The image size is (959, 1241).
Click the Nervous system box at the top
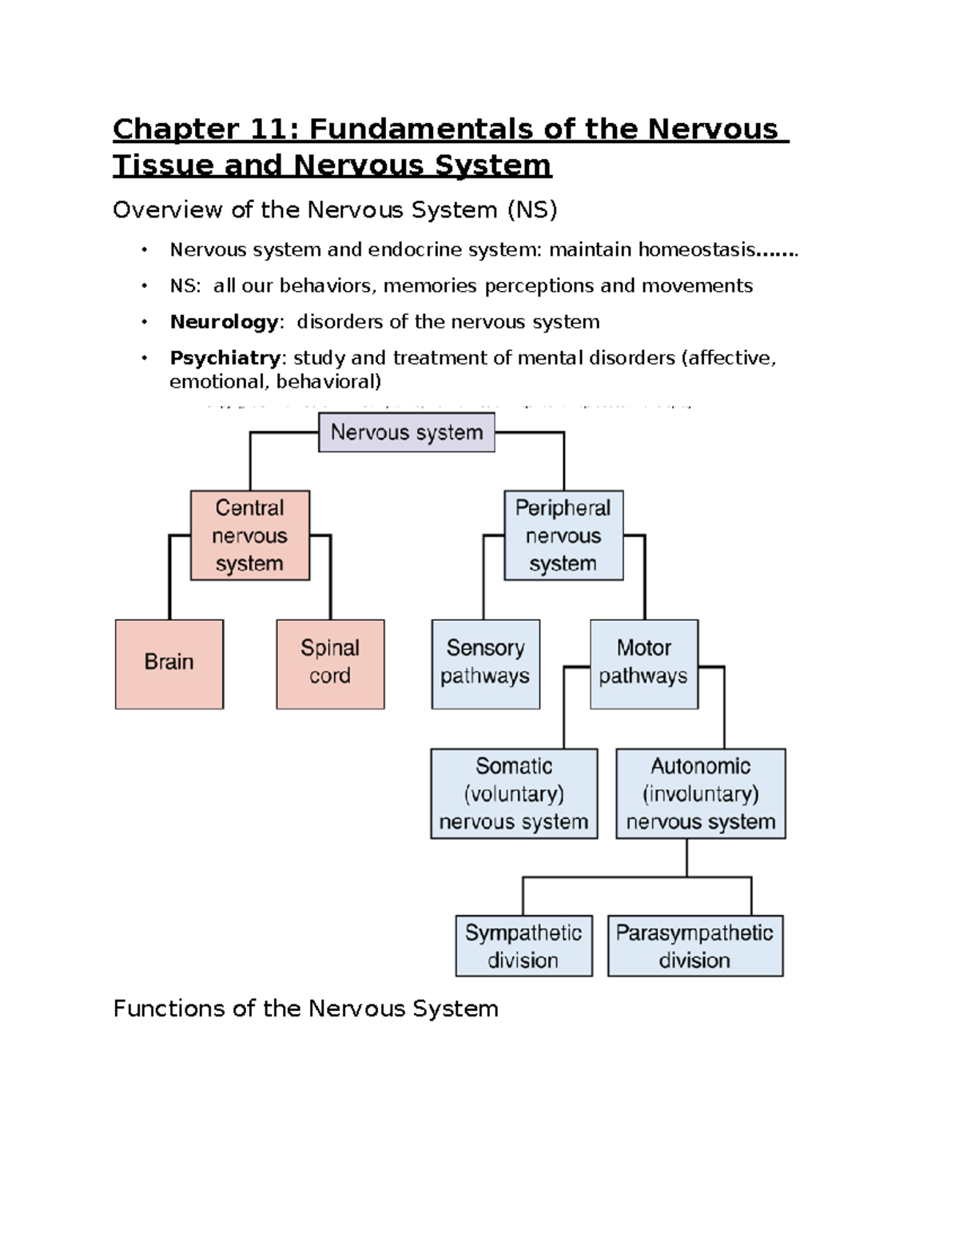[407, 432]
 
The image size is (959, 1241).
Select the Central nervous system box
[250, 535]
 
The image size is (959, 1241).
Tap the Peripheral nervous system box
[563, 535]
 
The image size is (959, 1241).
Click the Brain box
[169, 663]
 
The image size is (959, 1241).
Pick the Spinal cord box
[330, 663]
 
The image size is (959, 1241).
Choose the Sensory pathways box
[485, 663]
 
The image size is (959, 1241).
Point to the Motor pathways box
[643, 663]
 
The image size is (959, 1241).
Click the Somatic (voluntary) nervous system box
[514, 794]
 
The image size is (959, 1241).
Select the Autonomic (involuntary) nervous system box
[701, 794]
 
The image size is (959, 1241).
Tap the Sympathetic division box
[523, 946]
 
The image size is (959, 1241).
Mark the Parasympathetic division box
[695, 946]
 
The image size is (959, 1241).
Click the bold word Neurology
[224, 322]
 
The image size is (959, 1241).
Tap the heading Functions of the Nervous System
[305, 1008]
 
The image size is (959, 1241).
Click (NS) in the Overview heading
[531, 210]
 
